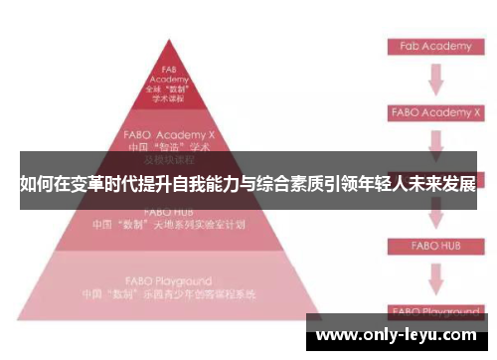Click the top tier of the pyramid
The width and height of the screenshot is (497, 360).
click(170, 84)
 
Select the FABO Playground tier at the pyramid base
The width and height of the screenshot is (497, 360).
click(169, 287)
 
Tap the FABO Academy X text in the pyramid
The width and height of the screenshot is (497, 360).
click(169, 131)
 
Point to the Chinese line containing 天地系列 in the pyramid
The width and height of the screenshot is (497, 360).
click(169, 225)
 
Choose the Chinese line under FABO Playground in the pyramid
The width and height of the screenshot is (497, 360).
click(169, 295)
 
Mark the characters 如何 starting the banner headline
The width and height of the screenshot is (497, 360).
click(33, 185)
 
